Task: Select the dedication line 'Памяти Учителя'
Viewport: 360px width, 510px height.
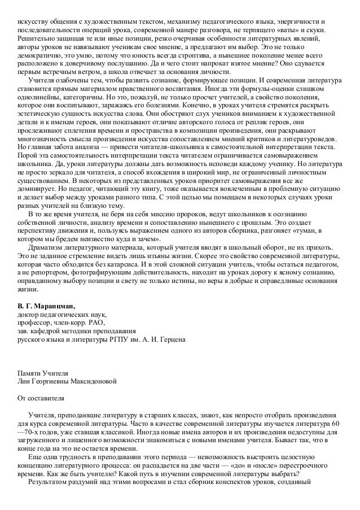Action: pos(43,373)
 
